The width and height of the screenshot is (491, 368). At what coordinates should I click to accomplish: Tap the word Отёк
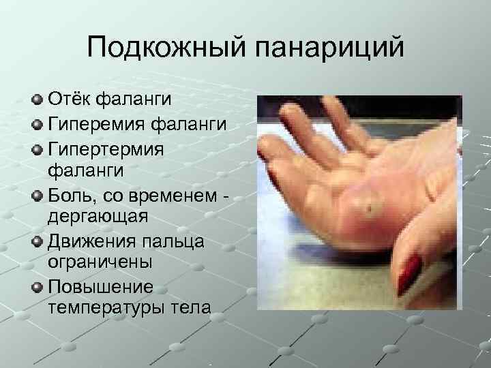[x=71, y=101]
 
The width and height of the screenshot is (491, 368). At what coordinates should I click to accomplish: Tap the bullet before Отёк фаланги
[x=38, y=101]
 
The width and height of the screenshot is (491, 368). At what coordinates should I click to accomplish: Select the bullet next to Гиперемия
[x=38, y=124]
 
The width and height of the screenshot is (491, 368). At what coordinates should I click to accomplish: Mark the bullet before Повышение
[x=38, y=286]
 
